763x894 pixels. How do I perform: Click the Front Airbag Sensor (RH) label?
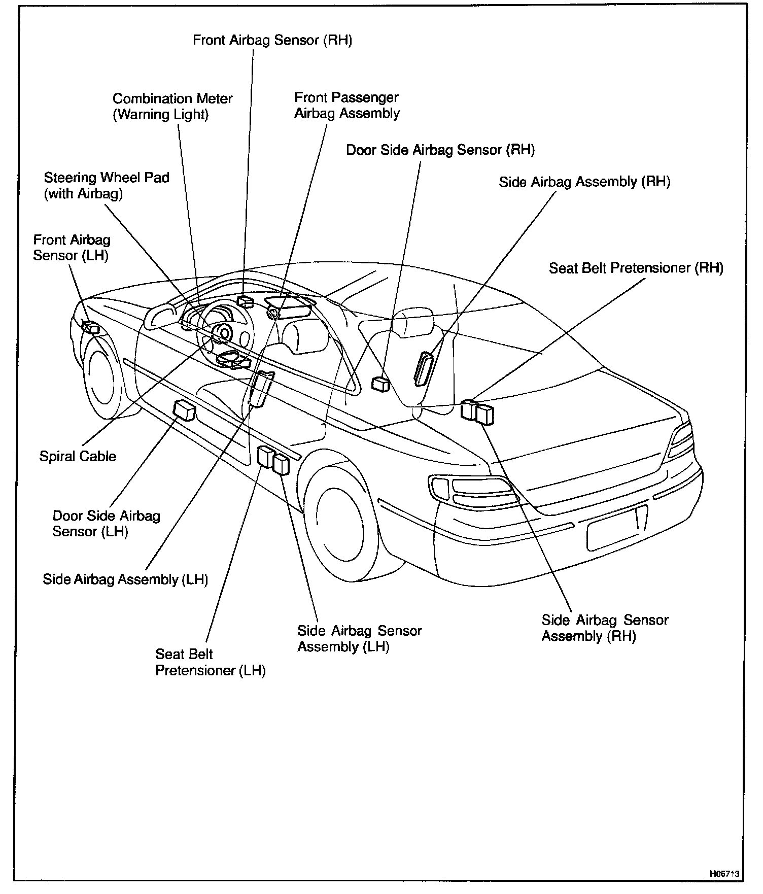[x=272, y=40]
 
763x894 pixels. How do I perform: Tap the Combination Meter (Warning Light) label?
[x=172, y=106]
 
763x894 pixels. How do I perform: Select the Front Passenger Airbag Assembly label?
[x=347, y=105]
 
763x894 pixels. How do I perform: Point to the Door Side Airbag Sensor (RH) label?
[x=440, y=150]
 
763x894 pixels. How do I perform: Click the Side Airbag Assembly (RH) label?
[x=584, y=182]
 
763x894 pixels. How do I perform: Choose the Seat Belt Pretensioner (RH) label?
[x=636, y=267]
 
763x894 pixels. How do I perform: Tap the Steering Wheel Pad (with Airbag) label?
[x=106, y=185]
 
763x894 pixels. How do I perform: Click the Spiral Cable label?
[x=78, y=456]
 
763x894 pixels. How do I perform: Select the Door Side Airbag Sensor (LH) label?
[x=106, y=523]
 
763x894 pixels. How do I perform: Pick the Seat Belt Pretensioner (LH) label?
[x=210, y=662]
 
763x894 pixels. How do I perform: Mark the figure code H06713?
[x=724, y=874]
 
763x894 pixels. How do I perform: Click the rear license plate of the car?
[x=617, y=528]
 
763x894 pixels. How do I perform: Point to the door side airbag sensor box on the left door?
[x=185, y=410]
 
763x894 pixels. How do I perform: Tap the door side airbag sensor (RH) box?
[x=380, y=384]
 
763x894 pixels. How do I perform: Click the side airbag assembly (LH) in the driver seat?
[x=262, y=388]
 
